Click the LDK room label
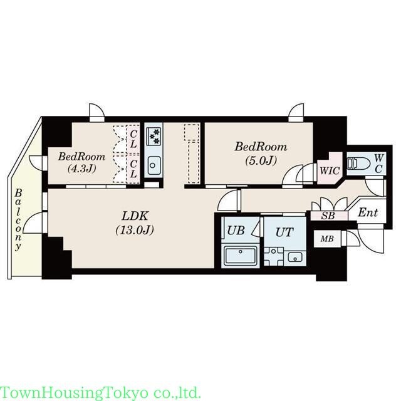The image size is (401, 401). point(135,216)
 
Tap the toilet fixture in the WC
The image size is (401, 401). point(358,163)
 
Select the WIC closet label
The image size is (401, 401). point(330,170)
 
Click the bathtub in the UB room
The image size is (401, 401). point(240,255)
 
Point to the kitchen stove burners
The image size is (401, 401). point(153,137)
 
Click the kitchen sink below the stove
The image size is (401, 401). point(153,165)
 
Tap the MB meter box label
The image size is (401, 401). point(327,239)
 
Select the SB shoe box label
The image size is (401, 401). point(328,216)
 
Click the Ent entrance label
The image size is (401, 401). point(368,212)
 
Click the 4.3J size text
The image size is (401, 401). point(81,168)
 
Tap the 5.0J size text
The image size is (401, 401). point(261,160)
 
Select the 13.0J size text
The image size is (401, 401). point(135,230)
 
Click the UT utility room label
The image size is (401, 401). point(284,232)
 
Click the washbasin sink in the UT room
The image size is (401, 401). point(295,257)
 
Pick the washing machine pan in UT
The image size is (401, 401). point(274,256)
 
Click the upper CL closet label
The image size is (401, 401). point(133,139)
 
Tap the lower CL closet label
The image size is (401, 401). point(133,169)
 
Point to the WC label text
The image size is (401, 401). point(378,163)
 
